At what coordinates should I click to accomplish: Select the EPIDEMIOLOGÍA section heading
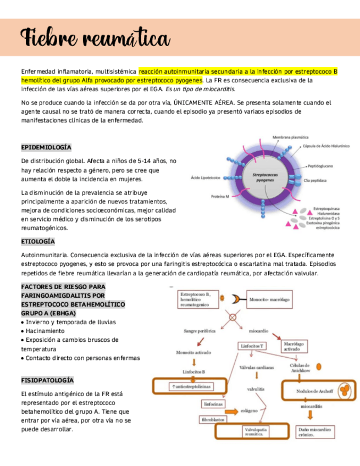click(x=46, y=147)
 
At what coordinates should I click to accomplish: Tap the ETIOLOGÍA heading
click(x=38, y=241)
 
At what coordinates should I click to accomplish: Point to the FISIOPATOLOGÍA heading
click(x=47, y=380)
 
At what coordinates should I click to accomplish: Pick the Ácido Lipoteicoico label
click(x=206, y=177)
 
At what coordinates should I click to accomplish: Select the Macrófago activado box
click(x=292, y=346)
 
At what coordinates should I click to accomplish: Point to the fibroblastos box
click(x=214, y=419)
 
